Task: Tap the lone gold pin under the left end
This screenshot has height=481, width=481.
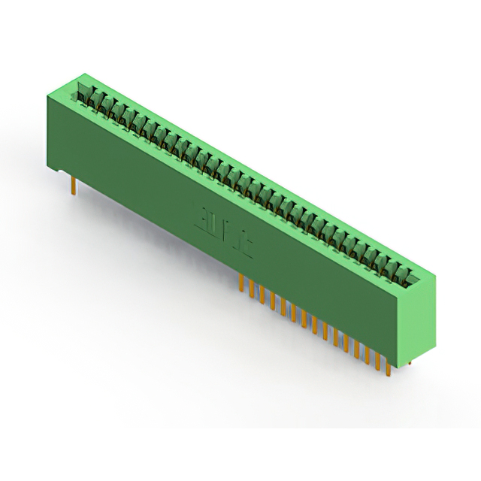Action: tap(73, 185)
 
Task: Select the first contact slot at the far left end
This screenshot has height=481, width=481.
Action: tap(83, 95)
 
